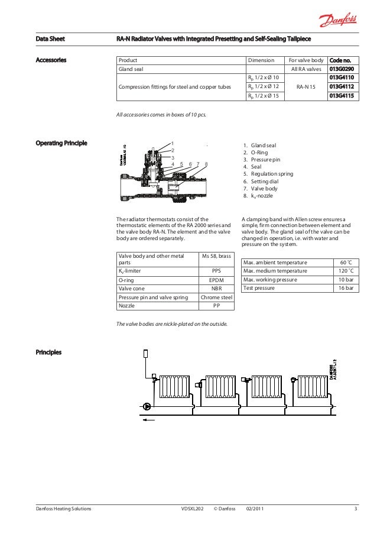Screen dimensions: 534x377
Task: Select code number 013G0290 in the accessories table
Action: coord(341,69)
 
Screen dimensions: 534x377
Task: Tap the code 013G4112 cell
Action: coord(341,87)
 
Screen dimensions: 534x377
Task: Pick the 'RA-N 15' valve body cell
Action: coord(306,87)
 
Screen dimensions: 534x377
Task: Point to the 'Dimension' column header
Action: coord(261,60)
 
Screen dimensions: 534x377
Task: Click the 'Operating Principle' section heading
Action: coord(61,143)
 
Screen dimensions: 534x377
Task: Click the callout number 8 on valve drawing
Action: coord(206,164)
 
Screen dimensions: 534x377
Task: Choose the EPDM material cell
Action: coord(216,280)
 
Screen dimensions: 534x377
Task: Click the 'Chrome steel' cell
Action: coord(216,297)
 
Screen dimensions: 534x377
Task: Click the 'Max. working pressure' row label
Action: coord(274,280)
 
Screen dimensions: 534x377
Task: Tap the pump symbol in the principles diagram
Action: coord(147,406)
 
